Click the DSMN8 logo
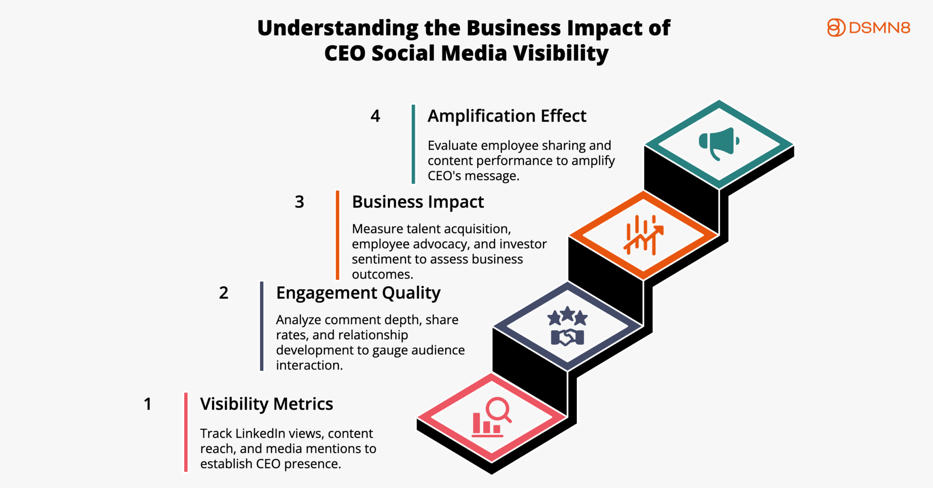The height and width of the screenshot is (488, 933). point(868,28)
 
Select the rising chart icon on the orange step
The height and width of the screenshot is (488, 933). point(643,235)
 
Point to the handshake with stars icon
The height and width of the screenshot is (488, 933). point(567,326)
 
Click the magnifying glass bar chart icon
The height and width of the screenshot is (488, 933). point(491,417)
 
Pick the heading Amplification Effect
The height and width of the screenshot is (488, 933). point(507,116)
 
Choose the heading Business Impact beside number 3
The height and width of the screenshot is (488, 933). point(418,202)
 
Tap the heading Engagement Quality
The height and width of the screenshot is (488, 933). point(358,293)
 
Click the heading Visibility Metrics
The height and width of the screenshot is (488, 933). point(266,404)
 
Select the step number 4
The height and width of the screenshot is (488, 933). point(375,116)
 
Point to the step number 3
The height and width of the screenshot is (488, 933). point(299,202)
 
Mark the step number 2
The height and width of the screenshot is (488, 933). point(223,293)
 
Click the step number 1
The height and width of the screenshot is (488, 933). point(148,404)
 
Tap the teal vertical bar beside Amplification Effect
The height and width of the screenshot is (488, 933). point(413,144)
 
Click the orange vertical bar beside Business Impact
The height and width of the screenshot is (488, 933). point(337,235)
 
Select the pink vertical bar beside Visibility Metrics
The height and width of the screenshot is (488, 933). point(186,432)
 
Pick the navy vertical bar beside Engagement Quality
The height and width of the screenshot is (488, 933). point(262,326)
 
